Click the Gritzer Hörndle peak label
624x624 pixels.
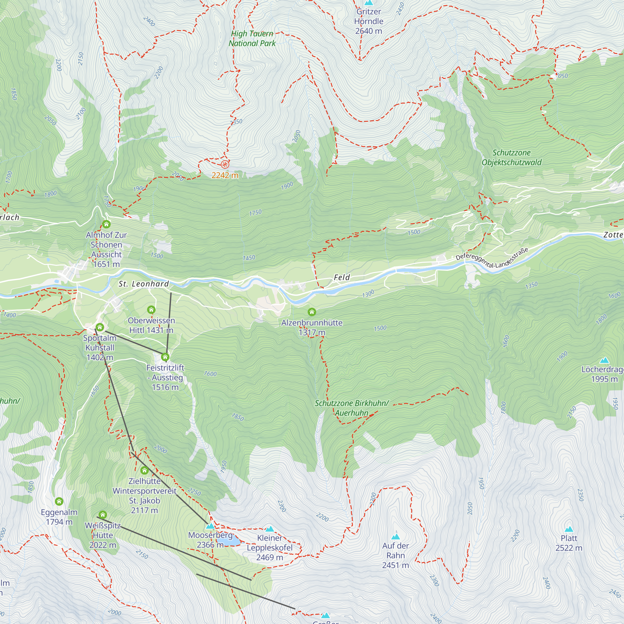[x=368, y=21]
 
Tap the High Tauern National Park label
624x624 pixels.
[x=252, y=38]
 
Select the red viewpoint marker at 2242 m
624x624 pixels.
[x=225, y=165]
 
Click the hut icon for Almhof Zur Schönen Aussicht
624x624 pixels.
[x=106, y=224]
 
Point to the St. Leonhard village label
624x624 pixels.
[x=144, y=284]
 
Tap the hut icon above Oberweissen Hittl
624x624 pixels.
[x=151, y=310]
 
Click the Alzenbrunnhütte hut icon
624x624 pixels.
[x=312, y=312]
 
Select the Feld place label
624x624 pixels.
[x=342, y=277]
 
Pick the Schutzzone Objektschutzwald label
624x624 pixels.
[x=511, y=158]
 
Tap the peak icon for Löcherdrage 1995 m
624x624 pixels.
[x=604, y=360]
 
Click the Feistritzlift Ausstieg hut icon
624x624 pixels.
[x=165, y=357]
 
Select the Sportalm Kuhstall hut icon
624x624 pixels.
[x=100, y=328]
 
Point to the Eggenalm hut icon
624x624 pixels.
[x=59, y=502]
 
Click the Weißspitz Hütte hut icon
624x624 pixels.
[x=103, y=514]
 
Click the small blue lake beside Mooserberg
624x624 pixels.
[x=228, y=541]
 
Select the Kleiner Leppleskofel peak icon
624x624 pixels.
[x=270, y=529]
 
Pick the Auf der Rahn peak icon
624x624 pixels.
[x=396, y=537]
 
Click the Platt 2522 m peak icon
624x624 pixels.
[x=569, y=529]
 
